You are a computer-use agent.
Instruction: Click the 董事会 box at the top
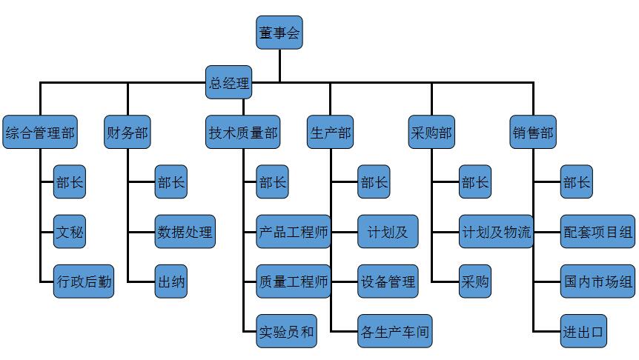point(279,33)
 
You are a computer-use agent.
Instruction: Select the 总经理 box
point(228,83)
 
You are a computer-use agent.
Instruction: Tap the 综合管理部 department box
point(40,133)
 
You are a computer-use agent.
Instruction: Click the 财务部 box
point(127,133)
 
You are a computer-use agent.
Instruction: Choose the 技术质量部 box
point(243,133)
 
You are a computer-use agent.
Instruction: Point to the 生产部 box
point(330,133)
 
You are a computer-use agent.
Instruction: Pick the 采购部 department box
point(431,133)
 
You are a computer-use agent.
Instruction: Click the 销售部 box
point(532,133)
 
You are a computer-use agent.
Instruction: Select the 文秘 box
point(70,232)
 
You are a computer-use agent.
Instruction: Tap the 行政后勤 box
point(84,281)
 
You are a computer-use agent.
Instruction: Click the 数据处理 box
point(185,232)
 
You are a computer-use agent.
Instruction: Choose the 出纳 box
point(170,281)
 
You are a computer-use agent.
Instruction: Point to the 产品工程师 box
point(293,232)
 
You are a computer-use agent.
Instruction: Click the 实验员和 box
point(286,331)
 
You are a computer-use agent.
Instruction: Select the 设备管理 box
point(388,281)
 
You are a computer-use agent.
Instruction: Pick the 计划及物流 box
point(496,232)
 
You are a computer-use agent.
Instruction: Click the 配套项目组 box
point(597,232)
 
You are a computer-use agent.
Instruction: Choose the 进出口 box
point(583,331)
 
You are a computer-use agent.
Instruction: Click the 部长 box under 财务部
point(170,182)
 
